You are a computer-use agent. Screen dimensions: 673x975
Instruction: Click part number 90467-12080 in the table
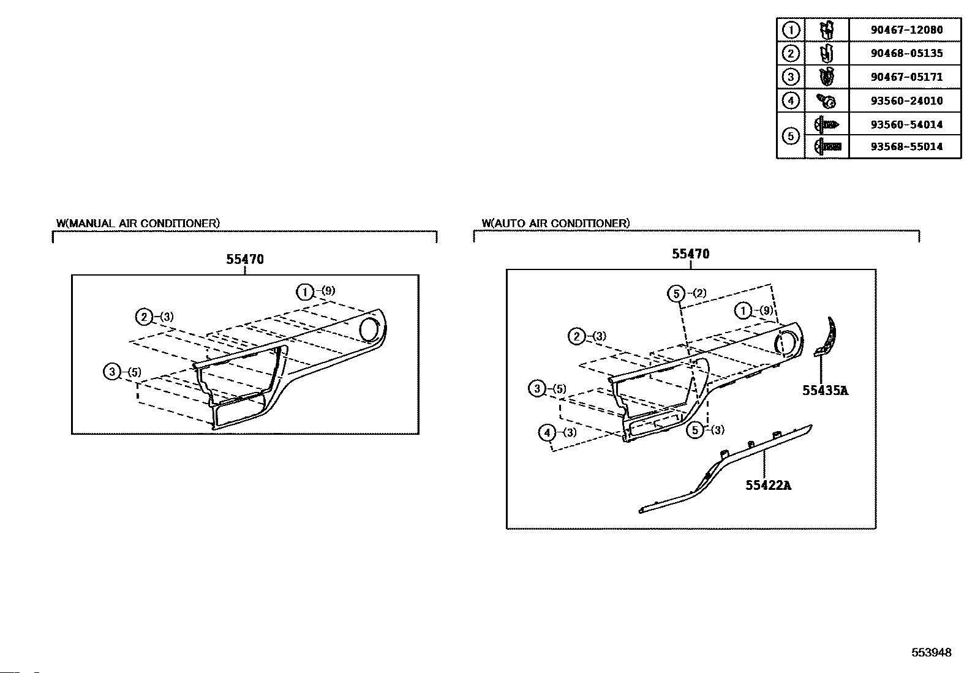click(x=906, y=29)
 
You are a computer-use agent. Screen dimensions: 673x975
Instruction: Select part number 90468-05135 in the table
click(x=906, y=53)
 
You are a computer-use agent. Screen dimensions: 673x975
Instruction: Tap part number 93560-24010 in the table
click(x=906, y=100)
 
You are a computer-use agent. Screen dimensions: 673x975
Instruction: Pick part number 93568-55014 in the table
click(x=906, y=146)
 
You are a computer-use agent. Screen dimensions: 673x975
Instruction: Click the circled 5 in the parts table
click(x=791, y=135)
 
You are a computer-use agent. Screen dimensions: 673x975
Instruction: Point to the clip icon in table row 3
click(x=827, y=77)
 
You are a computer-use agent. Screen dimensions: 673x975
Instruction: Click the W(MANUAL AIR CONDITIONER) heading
click(x=138, y=224)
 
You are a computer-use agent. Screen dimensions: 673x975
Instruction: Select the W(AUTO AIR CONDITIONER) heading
click(x=555, y=224)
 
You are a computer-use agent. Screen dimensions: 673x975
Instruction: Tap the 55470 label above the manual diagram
click(x=245, y=259)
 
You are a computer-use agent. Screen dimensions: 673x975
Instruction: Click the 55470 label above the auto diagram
click(x=690, y=254)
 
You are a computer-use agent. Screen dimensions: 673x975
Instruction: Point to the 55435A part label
click(x=825, y=390)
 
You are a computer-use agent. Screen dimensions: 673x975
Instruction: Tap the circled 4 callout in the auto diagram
click(x=547, y=433)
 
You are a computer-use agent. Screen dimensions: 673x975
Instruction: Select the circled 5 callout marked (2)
click(x=676, y=294)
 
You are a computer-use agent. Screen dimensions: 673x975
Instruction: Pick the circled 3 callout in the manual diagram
click(x=112, y=372)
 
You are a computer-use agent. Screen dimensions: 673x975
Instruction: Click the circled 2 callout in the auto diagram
click(x=576, y=336)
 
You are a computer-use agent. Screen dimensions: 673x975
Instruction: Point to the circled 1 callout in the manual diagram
click(x=304, y=291)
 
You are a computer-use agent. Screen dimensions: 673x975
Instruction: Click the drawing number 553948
click(x=931, y=653)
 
